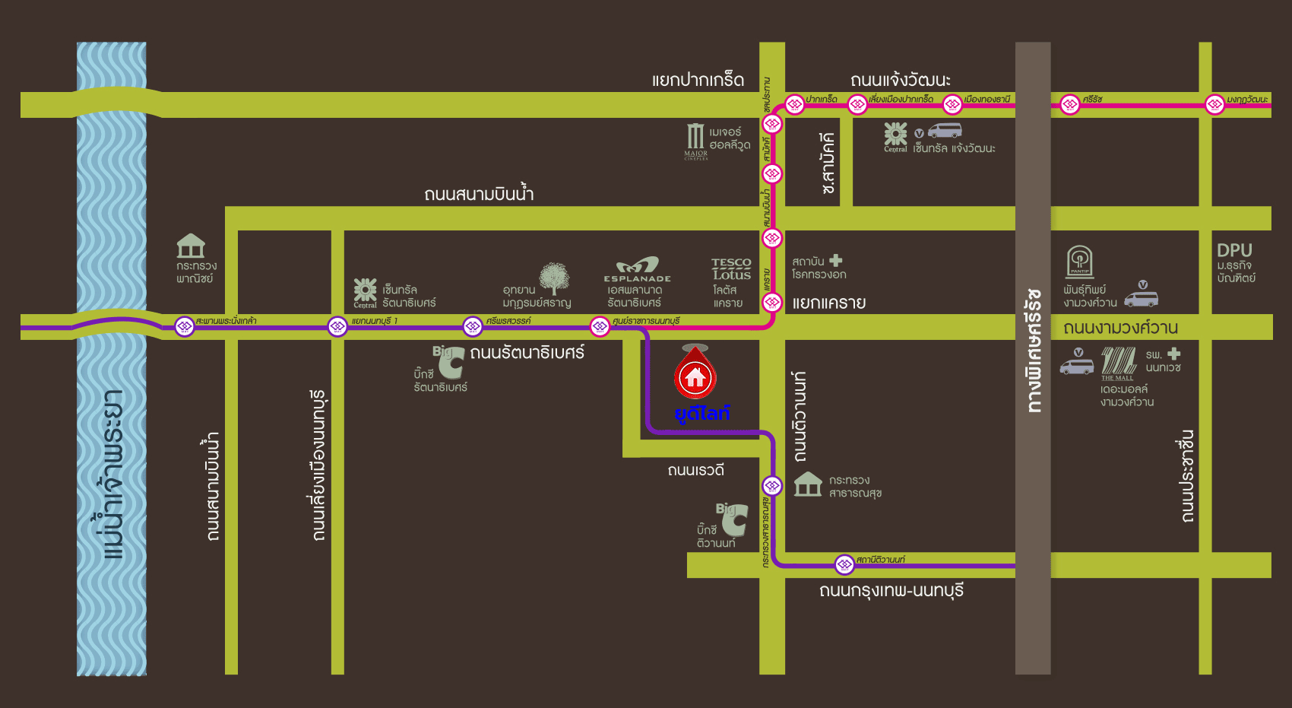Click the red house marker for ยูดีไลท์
(695, 376)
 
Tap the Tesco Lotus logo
(731, 269)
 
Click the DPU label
(1234, 250)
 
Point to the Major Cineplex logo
(695, 141)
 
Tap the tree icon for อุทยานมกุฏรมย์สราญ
(554, 278)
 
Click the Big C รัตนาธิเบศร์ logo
(449, 361)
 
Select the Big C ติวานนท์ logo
(732, 518)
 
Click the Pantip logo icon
(1080, 262)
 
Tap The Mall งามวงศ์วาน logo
(1118, 364)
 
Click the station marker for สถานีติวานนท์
(844, 564)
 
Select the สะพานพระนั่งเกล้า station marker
(185, 326)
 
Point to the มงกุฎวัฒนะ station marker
(1214, 104)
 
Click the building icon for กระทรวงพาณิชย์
(191, 246)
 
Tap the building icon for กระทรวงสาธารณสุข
(808, 484)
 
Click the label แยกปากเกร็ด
(698, 80)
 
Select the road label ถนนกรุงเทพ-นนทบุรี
(891, 591)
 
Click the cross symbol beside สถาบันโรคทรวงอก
(836, 261)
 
